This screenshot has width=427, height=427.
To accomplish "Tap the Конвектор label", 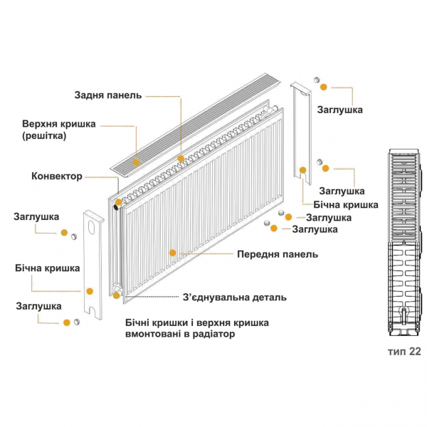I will click(x=56, y=176).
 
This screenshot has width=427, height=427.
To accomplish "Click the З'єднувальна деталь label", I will click(x=234, y=297).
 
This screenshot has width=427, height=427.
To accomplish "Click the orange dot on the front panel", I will click(x=172, y=252).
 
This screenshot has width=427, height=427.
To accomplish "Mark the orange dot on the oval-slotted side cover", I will click(x=90, y=290).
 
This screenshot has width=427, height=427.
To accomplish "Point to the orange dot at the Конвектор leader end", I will click(x=118, y=201).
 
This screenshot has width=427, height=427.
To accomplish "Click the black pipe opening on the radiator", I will click(x=115, y=209).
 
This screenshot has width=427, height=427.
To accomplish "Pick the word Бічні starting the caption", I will click(x=139, y=322).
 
